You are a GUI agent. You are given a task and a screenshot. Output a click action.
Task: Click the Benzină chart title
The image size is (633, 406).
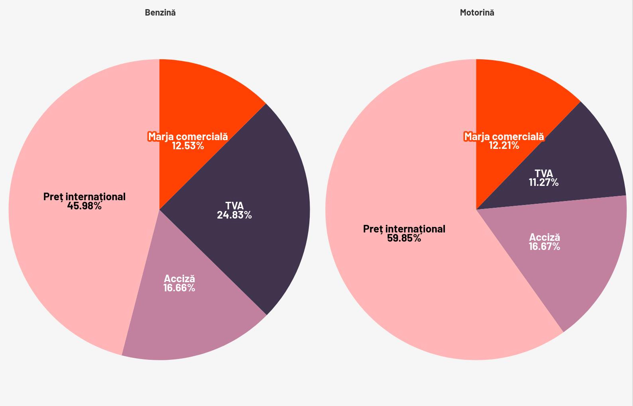pyautogui.click(x=160, y=12)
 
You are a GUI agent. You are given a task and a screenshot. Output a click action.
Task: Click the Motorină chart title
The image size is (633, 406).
pyautogui.click(x=477, y=12)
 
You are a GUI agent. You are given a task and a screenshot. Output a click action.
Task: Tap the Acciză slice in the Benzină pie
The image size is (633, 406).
pyautogui.click(x=191, y=318)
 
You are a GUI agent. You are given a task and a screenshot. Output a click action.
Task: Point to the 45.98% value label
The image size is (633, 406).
pyautogui.click(x=84, y=206)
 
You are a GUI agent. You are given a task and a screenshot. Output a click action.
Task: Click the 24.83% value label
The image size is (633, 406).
pyautogui.click(x=234, y=215)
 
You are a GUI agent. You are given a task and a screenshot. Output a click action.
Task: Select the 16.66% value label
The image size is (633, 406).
pyautogui.click(x=179, y=288)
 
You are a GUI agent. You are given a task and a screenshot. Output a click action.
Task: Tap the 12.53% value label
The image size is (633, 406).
pyautogui.click(x=188, y=146)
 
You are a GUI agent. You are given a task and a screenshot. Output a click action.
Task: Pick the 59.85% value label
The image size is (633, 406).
pyautogui.click(x=404, y=238)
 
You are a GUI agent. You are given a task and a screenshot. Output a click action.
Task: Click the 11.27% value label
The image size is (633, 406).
pyautogui.click(x=544, y=182)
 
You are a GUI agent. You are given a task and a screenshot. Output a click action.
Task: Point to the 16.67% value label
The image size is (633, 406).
pyautogui.click(x=545, y=246)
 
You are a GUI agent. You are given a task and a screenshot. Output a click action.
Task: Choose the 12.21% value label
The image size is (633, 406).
pyautogui.click(x=504, y=145)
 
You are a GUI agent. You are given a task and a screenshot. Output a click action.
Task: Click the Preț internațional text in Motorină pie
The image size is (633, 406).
pyautogui.click(x=404, y=229)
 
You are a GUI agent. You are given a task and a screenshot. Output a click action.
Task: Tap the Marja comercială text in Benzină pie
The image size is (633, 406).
pyautogui.click(x=188, y=137)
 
